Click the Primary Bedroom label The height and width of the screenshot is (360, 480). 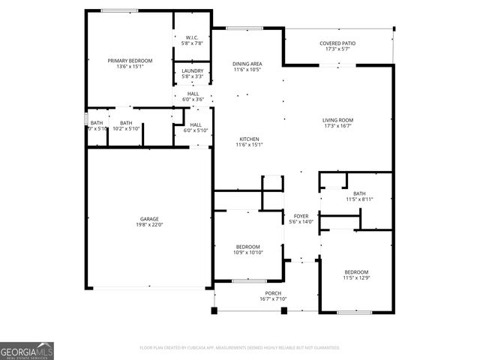130,60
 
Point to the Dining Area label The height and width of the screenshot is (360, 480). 247,64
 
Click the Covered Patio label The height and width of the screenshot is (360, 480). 337,43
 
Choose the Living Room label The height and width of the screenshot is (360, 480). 337,120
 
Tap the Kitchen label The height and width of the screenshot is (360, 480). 249,139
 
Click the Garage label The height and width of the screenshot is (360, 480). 149,219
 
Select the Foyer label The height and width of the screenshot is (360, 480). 301,216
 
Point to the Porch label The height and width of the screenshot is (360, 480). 272,293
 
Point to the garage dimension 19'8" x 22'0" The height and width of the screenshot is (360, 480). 149,225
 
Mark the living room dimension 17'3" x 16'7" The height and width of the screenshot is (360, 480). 337,126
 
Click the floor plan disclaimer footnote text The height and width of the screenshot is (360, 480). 240,347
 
